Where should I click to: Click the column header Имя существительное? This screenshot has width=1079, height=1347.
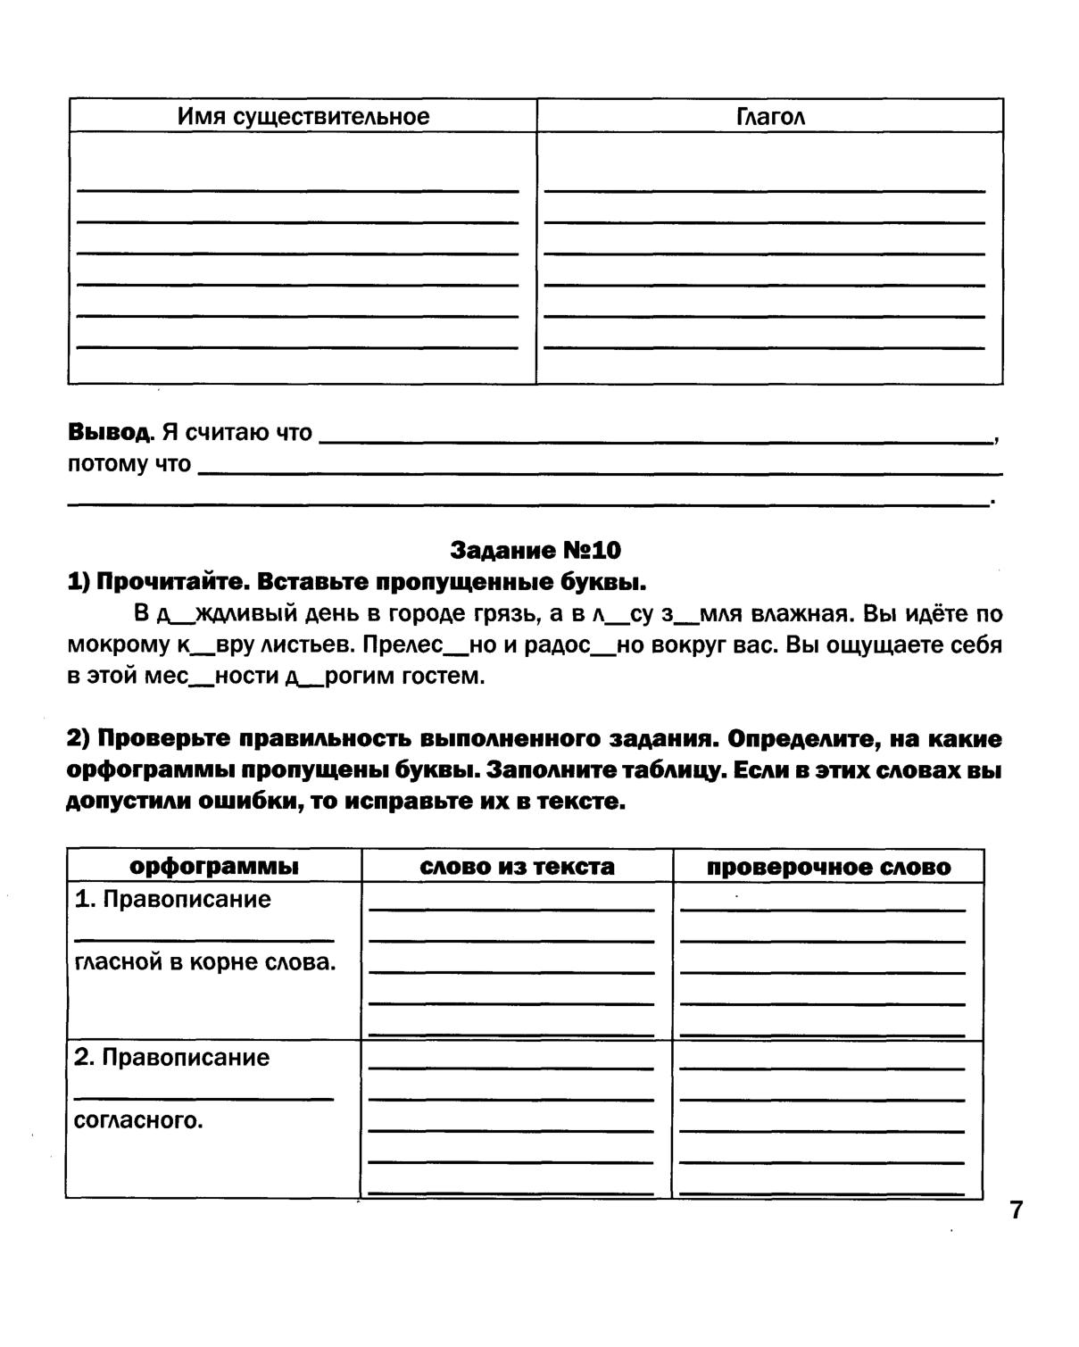(x=303, y=117)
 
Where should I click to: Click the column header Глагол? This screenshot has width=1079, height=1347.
(x=770, y=117)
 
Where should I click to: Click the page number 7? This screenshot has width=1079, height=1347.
(x=1016, y=1210)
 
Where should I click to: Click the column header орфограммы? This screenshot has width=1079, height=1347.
(x=214, y=867)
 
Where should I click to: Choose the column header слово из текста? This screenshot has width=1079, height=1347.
(x=517, y=867)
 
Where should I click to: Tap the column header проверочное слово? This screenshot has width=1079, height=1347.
(x=828, y=867)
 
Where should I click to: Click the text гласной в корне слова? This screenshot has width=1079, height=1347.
(x=205, y=962)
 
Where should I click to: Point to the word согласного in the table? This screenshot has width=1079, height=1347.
(x=139, y=1120)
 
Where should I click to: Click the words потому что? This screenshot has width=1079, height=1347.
(x=129, y=464)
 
